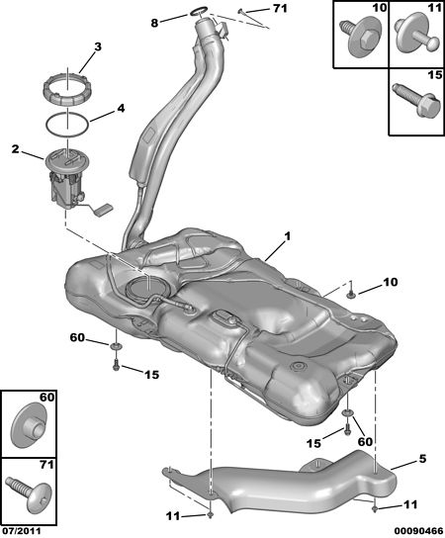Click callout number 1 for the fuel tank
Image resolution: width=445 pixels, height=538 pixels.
[287, 236]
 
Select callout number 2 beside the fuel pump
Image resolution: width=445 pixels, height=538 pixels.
[15, 149]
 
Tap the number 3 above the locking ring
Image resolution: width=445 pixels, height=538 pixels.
[98, 46]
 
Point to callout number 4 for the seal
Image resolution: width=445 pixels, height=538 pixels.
[121, 109]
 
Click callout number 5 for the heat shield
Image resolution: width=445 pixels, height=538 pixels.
[422, 459]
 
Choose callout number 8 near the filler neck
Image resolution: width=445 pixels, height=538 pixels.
[154, 23]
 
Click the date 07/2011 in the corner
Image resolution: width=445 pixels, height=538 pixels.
[21, 531]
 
